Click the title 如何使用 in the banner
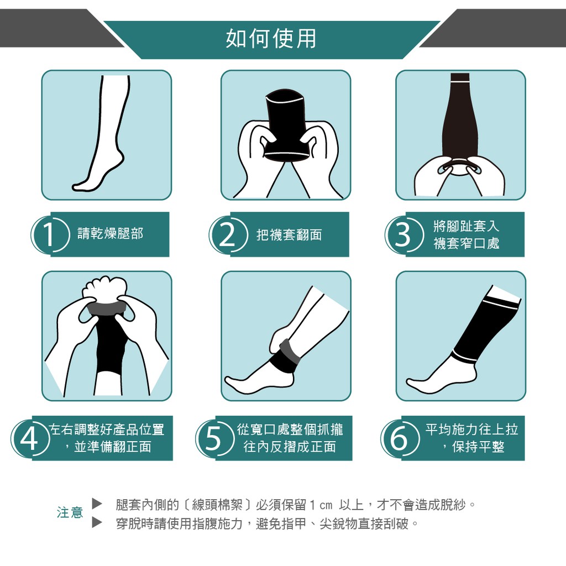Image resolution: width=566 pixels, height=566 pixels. coord(271,39)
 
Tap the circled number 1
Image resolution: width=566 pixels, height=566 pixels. coord(50,234)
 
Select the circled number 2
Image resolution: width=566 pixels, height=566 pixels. coord(228,234)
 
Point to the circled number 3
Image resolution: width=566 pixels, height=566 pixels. coord(403,234)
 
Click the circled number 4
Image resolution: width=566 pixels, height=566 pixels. coord(30,439)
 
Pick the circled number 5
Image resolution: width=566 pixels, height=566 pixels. coord(214,439)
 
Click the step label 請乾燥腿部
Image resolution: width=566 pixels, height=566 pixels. coord(111,234)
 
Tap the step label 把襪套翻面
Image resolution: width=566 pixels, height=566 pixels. coord(289,235)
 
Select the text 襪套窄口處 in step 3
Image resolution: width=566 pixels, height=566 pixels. coord(467,243)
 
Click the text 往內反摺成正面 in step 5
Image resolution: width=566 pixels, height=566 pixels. coord(290,447)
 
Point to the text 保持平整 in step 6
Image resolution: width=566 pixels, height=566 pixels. coord(478,447)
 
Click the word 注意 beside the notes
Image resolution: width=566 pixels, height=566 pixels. coord(70,512)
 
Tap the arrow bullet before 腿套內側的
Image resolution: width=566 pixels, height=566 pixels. coord(97,504)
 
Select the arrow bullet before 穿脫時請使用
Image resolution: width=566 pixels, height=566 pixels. coord(97,522)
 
